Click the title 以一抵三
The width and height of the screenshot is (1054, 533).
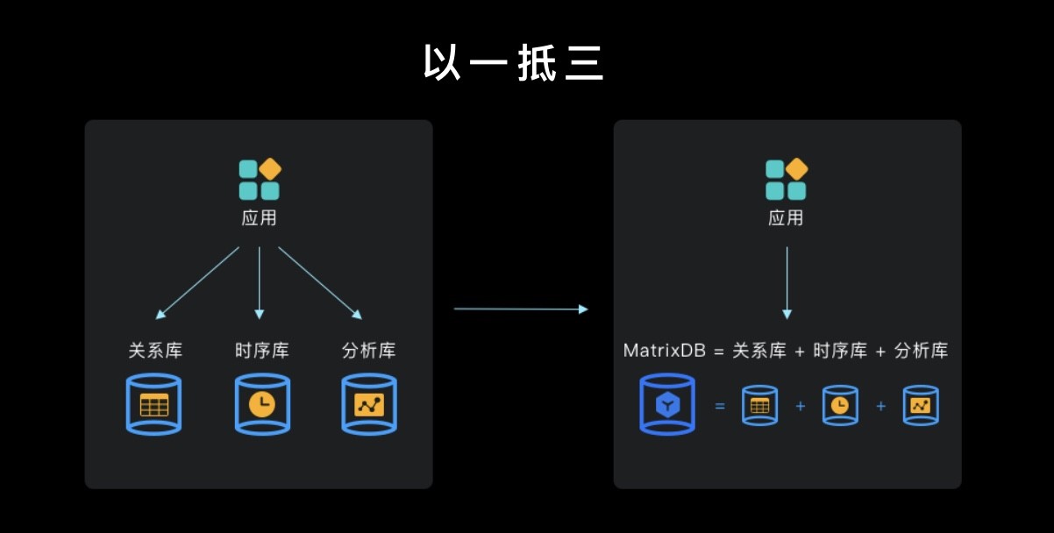pyautogui.click(x=514, y=63)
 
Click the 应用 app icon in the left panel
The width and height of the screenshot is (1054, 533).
pyautogui.click(x=260, y=179)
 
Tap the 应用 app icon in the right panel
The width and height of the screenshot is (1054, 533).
pyautogui.click(x=786, y=179)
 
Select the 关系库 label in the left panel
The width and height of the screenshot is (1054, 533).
pyautogui.click(x=155, y=351)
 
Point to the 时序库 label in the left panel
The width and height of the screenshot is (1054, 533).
pyautogui.click(x=261, y=351)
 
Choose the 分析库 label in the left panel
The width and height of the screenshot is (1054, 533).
pyautogui.click(x=368, y=351)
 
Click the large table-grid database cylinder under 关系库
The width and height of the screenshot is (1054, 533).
pyautogui.click(x=153, y=404)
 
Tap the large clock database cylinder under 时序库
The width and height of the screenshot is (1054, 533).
pyautogui.click(x=261, y=404)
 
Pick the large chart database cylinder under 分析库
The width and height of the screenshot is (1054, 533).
pyautogui.click(x=369, y=404)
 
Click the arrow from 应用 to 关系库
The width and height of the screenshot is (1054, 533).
pyautogui.click(x=197, y=282)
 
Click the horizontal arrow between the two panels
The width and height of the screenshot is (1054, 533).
pyautogui.click(x=521, y=309)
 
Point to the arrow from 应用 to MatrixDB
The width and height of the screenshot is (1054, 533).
pyautogui.click(x=787, y=282)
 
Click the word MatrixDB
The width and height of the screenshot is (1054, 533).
pyautogui.click(x=663, y=351)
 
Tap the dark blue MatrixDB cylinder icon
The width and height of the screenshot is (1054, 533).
pyautogui.click(x=667, y=404)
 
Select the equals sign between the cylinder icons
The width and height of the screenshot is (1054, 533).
pyautogui.click(x=720, y=406)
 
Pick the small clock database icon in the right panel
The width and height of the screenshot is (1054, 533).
pyautogui.click(x=840, y=405)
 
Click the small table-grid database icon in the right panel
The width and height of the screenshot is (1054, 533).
pyautogui.click(x=759, y=405)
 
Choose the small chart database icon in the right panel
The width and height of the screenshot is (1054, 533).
pyautogui.click(x=921, y=405)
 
